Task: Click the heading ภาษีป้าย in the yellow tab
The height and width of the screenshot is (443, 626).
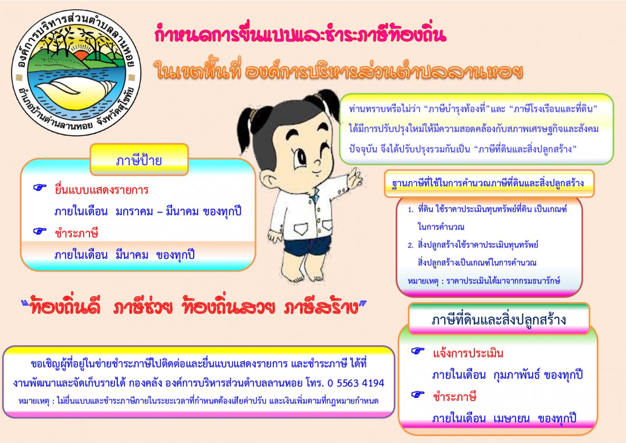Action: point(139,161)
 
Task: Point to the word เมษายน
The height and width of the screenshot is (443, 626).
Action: point(512,419)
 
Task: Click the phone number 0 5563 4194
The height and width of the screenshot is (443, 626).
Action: point(356,383)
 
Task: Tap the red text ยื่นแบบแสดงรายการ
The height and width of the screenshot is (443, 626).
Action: point(101,190)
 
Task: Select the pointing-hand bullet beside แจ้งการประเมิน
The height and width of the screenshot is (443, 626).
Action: point(418,351)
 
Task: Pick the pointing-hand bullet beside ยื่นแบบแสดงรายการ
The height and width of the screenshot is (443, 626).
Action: point(40,187)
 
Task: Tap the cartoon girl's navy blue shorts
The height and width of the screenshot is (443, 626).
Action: point(308,245)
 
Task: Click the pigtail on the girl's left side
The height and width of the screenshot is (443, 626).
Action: point(249,125)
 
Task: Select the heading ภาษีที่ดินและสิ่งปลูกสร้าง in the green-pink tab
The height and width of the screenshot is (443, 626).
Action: point(498,320)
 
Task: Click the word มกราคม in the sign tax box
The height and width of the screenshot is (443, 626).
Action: point(134,211)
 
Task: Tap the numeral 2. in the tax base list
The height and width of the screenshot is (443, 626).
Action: point(410,245)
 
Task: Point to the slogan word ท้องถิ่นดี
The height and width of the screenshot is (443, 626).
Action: point(65,308)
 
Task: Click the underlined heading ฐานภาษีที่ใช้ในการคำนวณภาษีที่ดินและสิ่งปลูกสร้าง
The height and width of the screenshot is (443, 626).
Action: point(488,183)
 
